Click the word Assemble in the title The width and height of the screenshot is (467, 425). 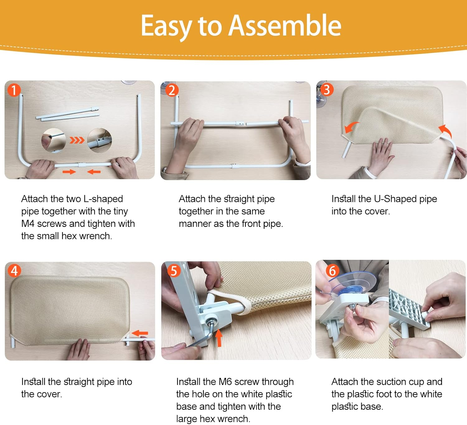[x=285, y=25]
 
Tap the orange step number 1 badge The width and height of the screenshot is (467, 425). [x=14, y=90]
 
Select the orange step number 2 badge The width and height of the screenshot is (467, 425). [x=172, y=90]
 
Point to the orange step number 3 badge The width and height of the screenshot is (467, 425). [x=327, y=90]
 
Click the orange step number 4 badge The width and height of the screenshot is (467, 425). [x=14, y=270]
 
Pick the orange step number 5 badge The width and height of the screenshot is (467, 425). [x=174, y=271]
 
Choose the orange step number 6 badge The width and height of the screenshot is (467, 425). [x=332, y=271]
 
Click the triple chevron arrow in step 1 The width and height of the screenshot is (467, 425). [x=77, y=140]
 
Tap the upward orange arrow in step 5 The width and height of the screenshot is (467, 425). [x=219, y=338]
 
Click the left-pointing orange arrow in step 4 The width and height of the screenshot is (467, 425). [x=140, y=333]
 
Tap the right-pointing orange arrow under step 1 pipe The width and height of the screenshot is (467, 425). [x=69, y=172]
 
